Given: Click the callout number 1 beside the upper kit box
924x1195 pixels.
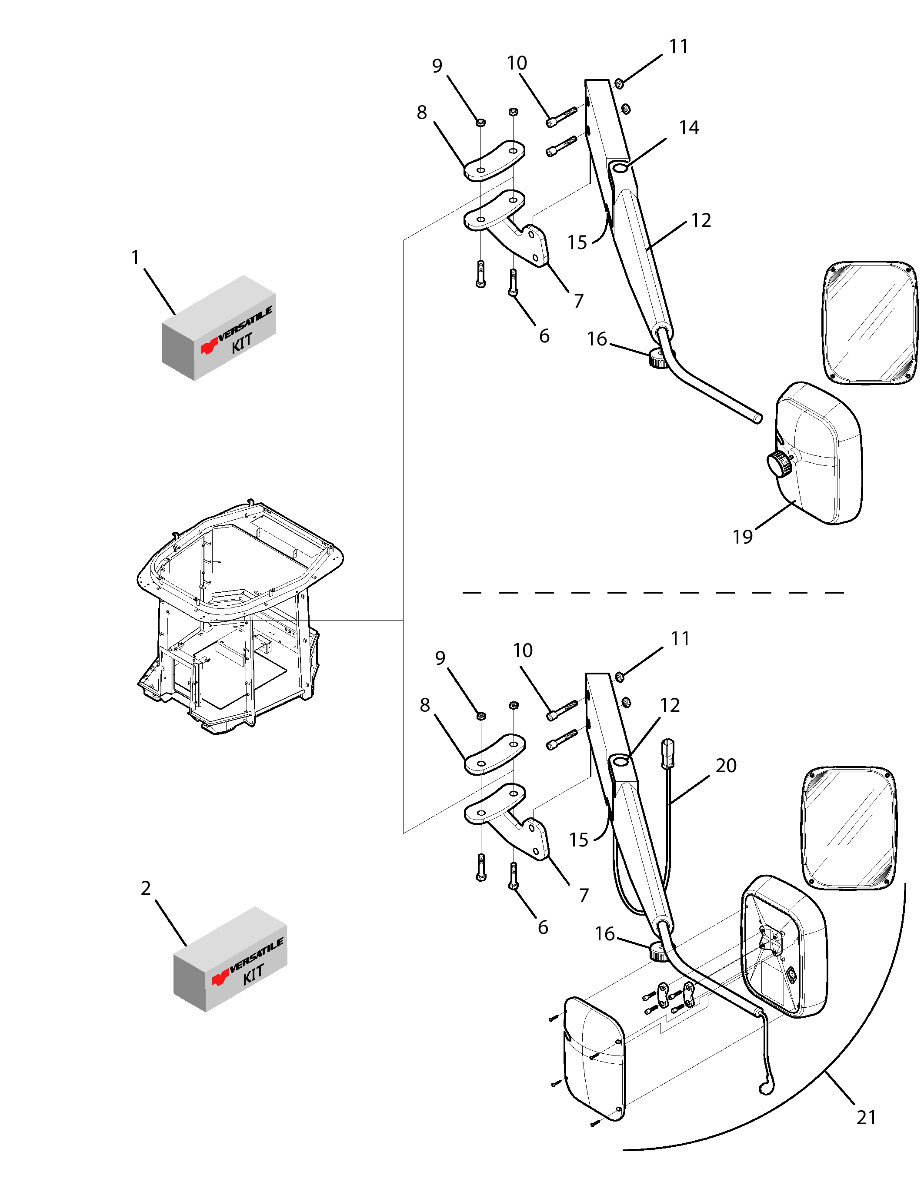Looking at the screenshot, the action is click(136, 257).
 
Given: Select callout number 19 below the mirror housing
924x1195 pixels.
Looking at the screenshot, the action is click(743, 537).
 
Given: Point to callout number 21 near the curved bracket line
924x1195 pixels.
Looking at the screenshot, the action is click(867, 1117).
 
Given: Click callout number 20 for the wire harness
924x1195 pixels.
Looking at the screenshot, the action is click(726, 766).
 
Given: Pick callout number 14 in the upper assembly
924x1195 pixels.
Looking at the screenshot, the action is click(689, 127).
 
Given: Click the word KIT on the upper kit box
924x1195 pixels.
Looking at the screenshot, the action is click(242, 343).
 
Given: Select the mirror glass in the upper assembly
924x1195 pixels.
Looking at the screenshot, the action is click(871, 323).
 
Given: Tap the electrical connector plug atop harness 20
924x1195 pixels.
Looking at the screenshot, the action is click(668, 754).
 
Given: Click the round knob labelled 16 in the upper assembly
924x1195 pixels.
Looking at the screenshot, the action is click(657, 358).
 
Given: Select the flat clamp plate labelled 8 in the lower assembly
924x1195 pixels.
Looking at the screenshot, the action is click(495, 754).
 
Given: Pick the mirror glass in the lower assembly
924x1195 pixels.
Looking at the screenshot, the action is click(848, 828).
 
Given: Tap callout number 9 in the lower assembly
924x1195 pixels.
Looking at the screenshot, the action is click(440, 658).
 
